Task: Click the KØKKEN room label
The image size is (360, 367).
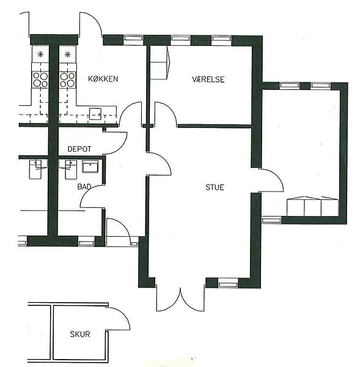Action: (x=103, y=79)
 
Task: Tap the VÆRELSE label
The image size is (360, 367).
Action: (x=208, y=80)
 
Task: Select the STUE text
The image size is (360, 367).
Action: (x=215, y=187)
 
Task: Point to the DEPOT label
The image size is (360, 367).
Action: (x=79, y=149)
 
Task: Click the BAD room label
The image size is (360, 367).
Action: (x=84, y=187)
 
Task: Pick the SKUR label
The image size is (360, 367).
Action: (x=80, y=334)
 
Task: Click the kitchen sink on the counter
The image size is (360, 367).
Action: (x=95, y=114)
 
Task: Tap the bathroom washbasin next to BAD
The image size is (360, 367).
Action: (x=90, y=166)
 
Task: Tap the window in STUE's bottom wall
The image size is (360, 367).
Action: (x=228, y=284)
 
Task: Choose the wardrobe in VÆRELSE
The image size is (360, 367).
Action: (x=159, y=62)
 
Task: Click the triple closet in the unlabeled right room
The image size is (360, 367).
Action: (x=312, y=207)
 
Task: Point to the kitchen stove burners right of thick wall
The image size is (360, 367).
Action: (x=67, y=80)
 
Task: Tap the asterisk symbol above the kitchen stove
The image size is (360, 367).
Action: (x=68, y=54)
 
